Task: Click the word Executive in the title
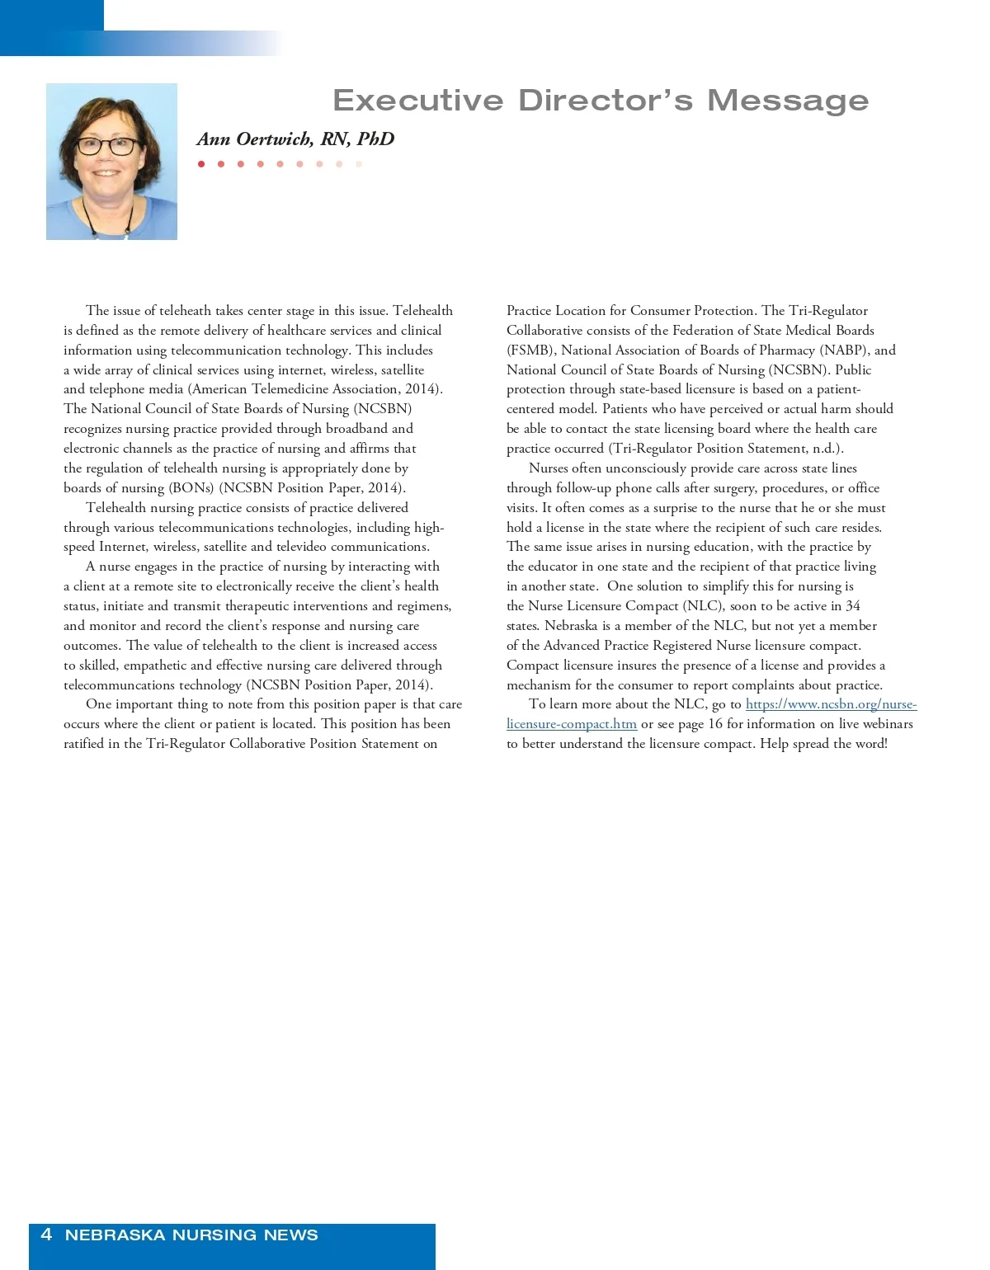(x=417, y=101)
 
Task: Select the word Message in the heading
(x=788, y=101)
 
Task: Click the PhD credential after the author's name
(x=375, y=139)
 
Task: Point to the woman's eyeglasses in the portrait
(x=108, y=147)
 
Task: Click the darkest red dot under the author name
(x=201, y=164)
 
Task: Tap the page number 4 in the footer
(x=46, y=1235)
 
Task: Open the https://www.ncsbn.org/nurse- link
(x=831, y=704)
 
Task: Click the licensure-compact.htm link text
(x=572, y=724)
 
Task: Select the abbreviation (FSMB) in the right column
(x=530, y=350)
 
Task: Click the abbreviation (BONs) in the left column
(x=191, y=488)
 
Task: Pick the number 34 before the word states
(x=852, y=606)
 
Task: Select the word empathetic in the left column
(x=154, y=666)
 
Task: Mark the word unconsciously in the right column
(x=646, y=468)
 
